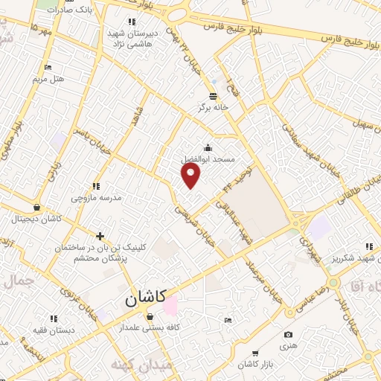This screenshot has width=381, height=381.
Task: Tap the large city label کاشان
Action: coord(142,300)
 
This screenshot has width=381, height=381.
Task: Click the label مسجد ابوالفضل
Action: coord(208,159)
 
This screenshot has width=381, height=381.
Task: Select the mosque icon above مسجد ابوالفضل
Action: coord(207,147)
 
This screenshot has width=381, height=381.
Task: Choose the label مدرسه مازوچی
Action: coord(95,198)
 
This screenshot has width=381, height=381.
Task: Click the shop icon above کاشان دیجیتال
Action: coord(37,207)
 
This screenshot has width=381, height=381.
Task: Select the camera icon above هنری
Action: coord(288,334)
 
